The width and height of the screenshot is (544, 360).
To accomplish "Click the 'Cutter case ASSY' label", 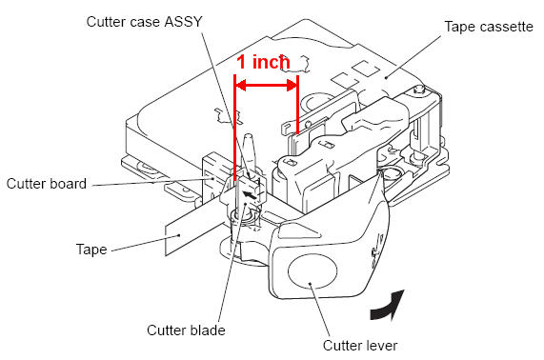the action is pyautogui.click(x=144, y=22).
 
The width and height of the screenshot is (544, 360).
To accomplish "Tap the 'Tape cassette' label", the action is pyautogui.click(x=489, y=27).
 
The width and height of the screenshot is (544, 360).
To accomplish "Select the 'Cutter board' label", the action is pyautogui.click(x=47, y=184).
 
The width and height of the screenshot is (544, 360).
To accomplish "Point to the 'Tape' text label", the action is pyautogui.click(x=91, y=250).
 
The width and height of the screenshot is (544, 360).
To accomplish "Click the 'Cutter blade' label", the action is pyautogui.click(x=186, y=330).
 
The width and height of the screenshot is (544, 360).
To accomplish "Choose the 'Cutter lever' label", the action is pyautogui.click(x=360, y=346).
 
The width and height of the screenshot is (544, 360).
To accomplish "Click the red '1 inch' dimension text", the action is pyautogui.click(x=263, y=62).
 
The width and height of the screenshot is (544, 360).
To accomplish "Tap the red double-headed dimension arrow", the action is pyautogui.click(x=267, y=85).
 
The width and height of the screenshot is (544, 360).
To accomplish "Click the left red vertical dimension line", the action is pyautogui.click(x=235, y=128).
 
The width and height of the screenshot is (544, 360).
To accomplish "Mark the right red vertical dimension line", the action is pyautogui.click(x=297, y=104).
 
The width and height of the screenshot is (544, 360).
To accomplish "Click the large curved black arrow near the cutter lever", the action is pyautogui.click(x=388, y=305).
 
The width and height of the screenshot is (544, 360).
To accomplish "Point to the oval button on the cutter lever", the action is pyautogui.click(x=312, y=271).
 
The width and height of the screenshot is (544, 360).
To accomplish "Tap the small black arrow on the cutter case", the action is pyautogui.click(x=251, y=195).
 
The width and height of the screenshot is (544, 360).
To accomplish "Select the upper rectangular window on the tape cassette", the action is pyautogui.click(x=366, y=68).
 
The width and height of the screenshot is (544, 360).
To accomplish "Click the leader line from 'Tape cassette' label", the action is pyautogui.click(x=413, y=56).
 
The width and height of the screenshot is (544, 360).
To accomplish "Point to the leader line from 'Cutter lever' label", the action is pyautogui.click(x=320, y=310).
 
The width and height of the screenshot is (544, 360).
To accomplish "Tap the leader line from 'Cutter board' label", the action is pyautogui.click(x=153, y=182).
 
